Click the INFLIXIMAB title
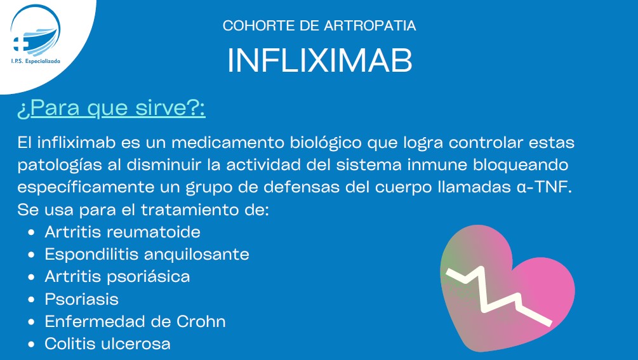coord(320,60)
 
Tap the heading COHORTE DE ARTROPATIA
coord(319,25)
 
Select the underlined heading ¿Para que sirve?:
coord(111,108)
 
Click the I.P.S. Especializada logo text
coord(36,61)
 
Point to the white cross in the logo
coord(20,44)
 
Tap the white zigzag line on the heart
coord(499,295)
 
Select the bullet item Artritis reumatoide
coord(123,232)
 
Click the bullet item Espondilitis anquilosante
coord(147,254)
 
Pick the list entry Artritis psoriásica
coord(117,277)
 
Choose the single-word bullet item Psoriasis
coord(81,299)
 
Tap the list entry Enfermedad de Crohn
coord(135,321)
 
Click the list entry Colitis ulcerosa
coord(107,343)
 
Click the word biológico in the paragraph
coord(326,143)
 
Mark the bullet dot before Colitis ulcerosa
coord(32,345)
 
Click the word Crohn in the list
coord(201,321)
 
